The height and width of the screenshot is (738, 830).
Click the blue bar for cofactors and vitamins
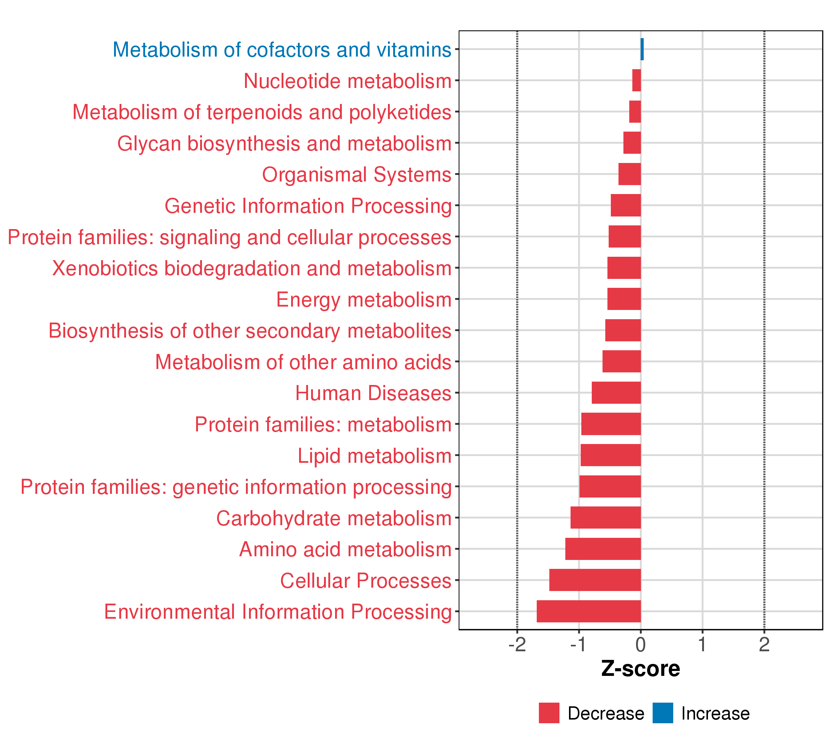642,49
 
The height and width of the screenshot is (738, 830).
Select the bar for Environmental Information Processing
588,611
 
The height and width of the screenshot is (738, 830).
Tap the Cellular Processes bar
595,580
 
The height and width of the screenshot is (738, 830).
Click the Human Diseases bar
616,392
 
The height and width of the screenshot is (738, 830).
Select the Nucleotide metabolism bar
636,81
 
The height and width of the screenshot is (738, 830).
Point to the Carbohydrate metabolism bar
606,518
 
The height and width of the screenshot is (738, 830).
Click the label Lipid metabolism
374,456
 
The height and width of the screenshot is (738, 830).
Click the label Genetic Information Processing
308,206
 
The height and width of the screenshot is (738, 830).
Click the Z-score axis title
640,669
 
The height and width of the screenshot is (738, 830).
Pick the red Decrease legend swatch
549,713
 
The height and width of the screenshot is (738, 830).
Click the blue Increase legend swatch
663,713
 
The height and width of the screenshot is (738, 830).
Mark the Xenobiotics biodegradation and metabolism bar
624,268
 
